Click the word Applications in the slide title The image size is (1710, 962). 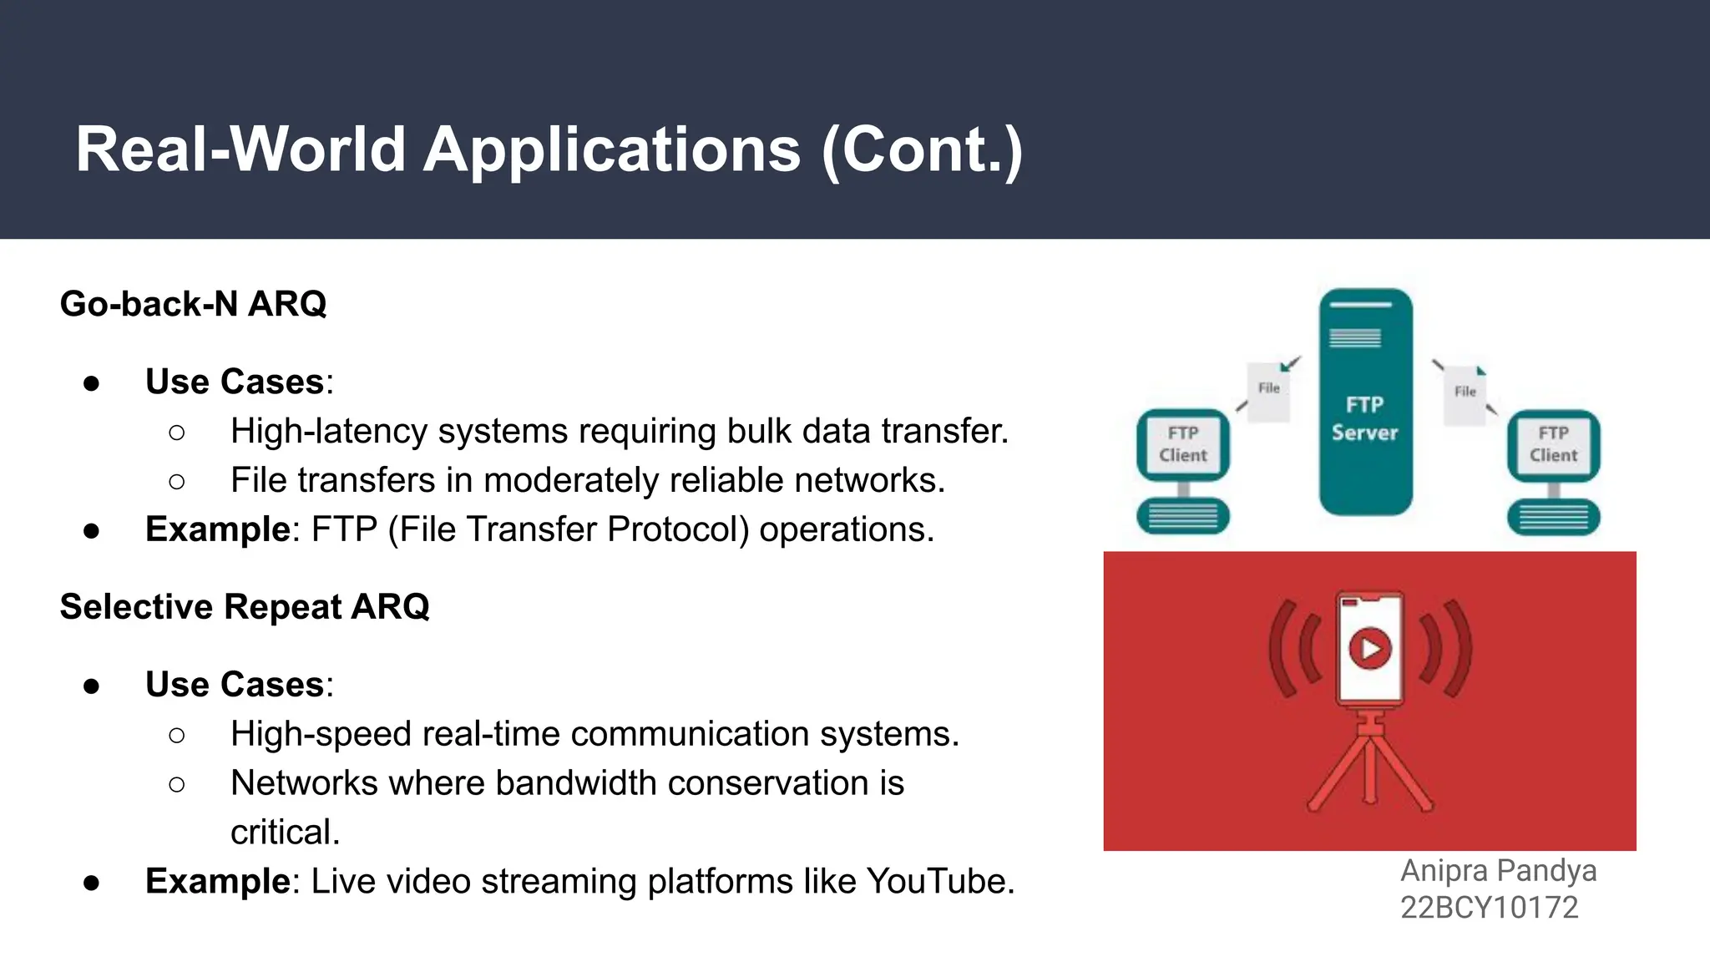click(612, 150)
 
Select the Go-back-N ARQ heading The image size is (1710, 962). click(193, 304)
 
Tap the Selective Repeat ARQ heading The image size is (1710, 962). click(245, 607)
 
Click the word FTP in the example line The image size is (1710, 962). click(344, 529)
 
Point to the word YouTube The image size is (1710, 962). click(939, 882)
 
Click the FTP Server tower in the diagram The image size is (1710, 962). click(1365, 403)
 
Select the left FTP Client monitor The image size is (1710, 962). click(1183, 444)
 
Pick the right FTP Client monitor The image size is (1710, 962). click(1553, 444)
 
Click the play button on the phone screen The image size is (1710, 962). click(1370, 648)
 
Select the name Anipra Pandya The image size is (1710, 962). click(1498, 871)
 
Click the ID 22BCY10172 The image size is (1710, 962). click(1489, 908)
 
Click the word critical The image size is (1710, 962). click(285, 833)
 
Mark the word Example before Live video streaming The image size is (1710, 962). click(217, 882)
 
